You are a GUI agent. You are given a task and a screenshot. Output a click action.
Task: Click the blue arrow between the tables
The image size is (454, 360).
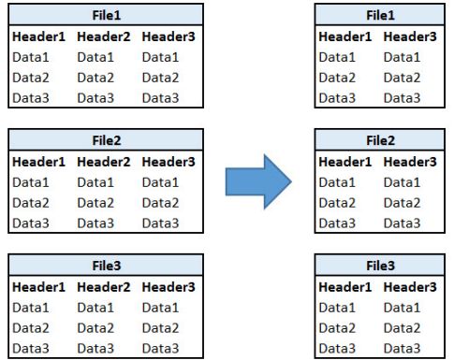pyautogui.click(x=258, y=180)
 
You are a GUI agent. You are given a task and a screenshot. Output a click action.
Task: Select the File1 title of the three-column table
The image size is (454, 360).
pyautogui.click(x=106, y=16)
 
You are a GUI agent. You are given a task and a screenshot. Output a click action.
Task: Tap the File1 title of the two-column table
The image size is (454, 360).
pyautogui.click(x=379, y=16)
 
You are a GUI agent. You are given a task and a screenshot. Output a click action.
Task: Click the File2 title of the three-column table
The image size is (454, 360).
pyautogui.click(x=106, y=141)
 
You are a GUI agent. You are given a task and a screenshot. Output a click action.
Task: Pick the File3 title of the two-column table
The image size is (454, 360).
pyautogui.click(x=379, y=266)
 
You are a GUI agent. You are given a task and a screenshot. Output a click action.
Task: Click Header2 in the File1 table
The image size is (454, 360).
pyautogui.click(x=104, y=37)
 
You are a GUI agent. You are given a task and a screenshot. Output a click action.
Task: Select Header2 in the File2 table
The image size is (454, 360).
pyautogui.click(x=104, y=162)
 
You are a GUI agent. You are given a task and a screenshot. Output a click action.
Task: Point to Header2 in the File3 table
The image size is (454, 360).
pyautogui.click(x=104, y=287)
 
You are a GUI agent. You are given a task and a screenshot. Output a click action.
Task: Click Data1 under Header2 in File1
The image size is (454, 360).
pyautogui.click(x=95, y=57)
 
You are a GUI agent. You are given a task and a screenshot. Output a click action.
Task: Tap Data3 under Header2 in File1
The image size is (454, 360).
pyautogui.click(x=95, y=97)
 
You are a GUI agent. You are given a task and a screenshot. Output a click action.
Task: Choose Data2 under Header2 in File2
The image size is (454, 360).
pyautogui.click(x=95, y=203)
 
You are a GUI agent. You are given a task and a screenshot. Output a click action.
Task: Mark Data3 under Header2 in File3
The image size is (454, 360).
pyautogui.click(x=95, y=348)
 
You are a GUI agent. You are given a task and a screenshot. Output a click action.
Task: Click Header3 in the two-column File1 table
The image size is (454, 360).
pyautogui.click(x=410, y=37)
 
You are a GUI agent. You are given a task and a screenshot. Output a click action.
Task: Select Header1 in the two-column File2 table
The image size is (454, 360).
pyautogui.click(x=345, y=162)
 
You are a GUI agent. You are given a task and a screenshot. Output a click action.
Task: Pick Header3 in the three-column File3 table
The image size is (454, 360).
pyautogui.click(x=168, y=287)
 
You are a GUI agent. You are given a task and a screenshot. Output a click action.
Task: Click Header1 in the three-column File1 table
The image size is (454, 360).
pyautogui.click(x=39, y=37)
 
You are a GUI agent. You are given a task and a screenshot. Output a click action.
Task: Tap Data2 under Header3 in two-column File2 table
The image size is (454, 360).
pyautogui.click(x=402, y=203)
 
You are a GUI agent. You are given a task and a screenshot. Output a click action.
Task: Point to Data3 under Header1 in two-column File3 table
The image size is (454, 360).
pyautogui.click(x=337, y=348)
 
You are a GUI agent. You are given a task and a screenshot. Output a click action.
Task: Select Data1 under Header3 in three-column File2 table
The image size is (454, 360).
pyautogui.click(x=160, y=182)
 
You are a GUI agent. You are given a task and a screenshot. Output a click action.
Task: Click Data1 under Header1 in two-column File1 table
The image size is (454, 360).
pyautogui.click(x=337, y=57)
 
